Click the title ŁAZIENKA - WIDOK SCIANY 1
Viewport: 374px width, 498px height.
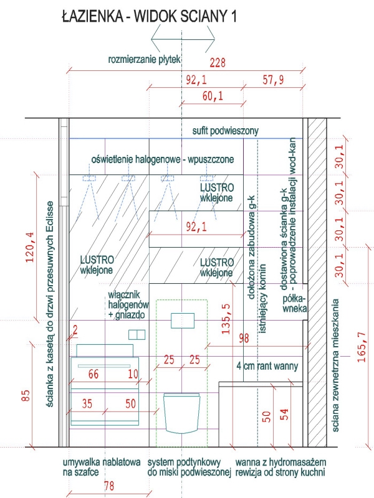pyautogui.click(x=149, y=16)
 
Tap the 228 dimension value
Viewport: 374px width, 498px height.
pyautogui.click(x=218, y=63)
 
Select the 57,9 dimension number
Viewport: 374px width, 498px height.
pyautogui.click(x=273, y=80)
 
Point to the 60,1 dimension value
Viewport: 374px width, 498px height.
pyautogui.click(x=213, y=96)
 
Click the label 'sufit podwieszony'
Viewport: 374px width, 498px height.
pyautogui.click(x=226, y=131)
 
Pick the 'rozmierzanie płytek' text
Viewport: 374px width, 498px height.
pyautogui.click(x=145, y=59)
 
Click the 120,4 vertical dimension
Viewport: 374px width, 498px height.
pyautogui.click(x=30, y=247)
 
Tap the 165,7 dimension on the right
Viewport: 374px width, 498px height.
pyautogui.click(x=362, y=347)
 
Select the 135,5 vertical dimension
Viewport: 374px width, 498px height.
pyautogui.click(x=226, y=319)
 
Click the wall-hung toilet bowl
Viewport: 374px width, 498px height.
pyautogui.click(x=181, y=413)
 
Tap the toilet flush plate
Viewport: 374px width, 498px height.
pyautogui.click(x=183, y=321)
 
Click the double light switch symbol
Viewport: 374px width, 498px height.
pyautogui.click(x=137, y=335)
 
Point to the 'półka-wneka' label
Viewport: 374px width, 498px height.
pyautogui.click(x=295, y=304)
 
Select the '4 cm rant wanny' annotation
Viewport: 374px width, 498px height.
pyautogui.click(x=267, y=366)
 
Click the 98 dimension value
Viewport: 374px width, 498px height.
pyautogui.click(x=244, y=339)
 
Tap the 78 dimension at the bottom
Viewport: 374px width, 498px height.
pyautogui.click(x=109, y=486)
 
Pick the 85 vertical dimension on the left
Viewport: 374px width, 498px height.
pyautogui.click(x=26, y=395)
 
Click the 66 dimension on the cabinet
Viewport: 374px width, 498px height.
pyautogui.click(x=93, y=374)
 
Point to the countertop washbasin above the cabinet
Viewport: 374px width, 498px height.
pyautogui.click(x=105, y=350)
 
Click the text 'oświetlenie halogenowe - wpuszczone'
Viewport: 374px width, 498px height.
pyautogui.click(x=163, y=159)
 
